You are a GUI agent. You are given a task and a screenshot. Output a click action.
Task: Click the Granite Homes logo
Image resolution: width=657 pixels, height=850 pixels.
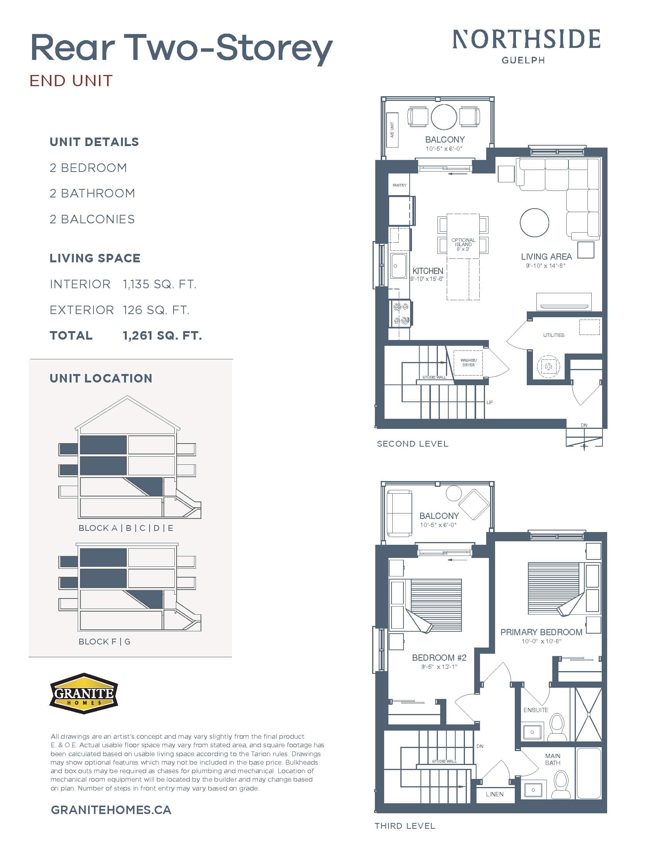pyautogui.click(x=84, y=693)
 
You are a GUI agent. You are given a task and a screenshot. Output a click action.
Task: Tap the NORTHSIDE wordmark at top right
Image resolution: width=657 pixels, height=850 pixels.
pyautogui.click(x=526, y=40)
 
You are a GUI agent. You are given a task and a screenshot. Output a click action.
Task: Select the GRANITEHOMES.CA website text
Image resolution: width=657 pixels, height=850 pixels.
pyautogui.click(x=111, y=810)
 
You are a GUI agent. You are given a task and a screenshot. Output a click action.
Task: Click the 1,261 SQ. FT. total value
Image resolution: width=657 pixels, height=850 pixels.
pyautogui.click(x=162, y=335)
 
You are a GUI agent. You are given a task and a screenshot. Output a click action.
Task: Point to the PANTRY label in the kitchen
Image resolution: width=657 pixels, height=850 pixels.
pyautogui.click(x=399, y=185)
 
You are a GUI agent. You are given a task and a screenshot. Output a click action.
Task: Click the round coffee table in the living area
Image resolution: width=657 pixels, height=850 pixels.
pyautogui.click(x=534, y=223)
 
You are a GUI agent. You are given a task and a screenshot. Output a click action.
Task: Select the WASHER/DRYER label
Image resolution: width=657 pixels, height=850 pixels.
pyautogui.click(x=468, y=362)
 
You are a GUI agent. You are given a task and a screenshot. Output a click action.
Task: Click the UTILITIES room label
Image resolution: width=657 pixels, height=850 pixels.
pyautogui.click(x=553, y=335)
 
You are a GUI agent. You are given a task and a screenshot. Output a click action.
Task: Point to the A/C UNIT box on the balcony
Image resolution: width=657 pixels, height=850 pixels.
pyautogui.click(x=392, y=130)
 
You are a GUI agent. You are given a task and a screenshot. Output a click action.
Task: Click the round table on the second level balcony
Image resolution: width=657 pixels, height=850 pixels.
pyautogui.click(x=444, y=117)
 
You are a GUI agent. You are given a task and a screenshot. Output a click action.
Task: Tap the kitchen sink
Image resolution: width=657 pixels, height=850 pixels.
pyautogui.click(x=398, y=266)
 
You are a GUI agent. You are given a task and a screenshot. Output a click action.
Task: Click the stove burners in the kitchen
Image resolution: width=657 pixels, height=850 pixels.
pyautogui.click(x=401, y=314)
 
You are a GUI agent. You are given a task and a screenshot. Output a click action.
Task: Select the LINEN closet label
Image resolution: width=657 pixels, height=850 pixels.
pyautogui.click(x=494, y=794)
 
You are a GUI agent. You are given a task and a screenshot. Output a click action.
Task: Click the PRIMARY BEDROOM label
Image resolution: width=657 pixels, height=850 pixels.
pyautogui.click(x=541, y=632)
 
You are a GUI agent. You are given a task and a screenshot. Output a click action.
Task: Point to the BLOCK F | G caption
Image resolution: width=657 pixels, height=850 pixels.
pyautogui.click(x=104, y=641)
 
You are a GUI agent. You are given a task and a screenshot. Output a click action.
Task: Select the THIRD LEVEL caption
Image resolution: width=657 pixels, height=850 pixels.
pyautogui.click(x=405, y=826)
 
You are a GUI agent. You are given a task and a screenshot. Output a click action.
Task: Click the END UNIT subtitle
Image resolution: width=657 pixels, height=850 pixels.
pyautogui.click(x=71, y=81)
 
